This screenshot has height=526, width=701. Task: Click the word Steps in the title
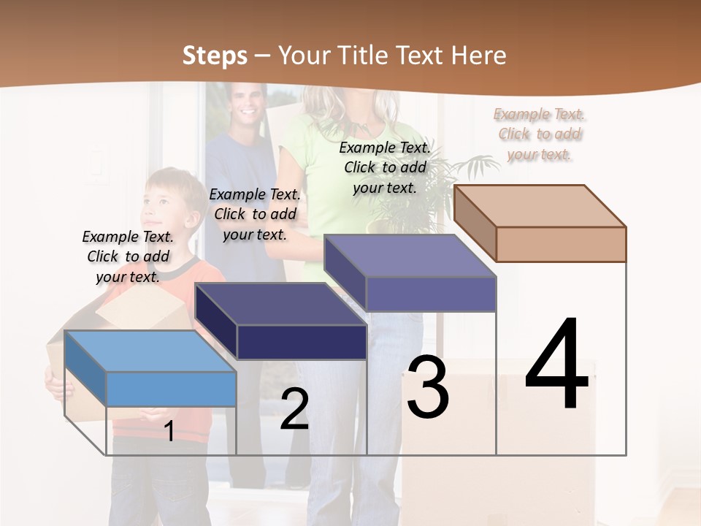coord(215,56)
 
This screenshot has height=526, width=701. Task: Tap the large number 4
coord(556,365)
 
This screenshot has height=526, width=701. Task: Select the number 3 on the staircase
coord(428,387)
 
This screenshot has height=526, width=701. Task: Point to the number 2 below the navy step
coord(294,409)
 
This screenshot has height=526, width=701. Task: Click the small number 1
coord(169,432)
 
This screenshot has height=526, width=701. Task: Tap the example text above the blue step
coord(128,256)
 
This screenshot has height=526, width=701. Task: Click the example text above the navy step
coord(255,214)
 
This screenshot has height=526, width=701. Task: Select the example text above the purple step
coord(385,167)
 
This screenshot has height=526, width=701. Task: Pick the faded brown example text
coord(540,134)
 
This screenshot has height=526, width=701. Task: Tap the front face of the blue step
coord(172,389)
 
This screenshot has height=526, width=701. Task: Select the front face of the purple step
coord(431,294)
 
